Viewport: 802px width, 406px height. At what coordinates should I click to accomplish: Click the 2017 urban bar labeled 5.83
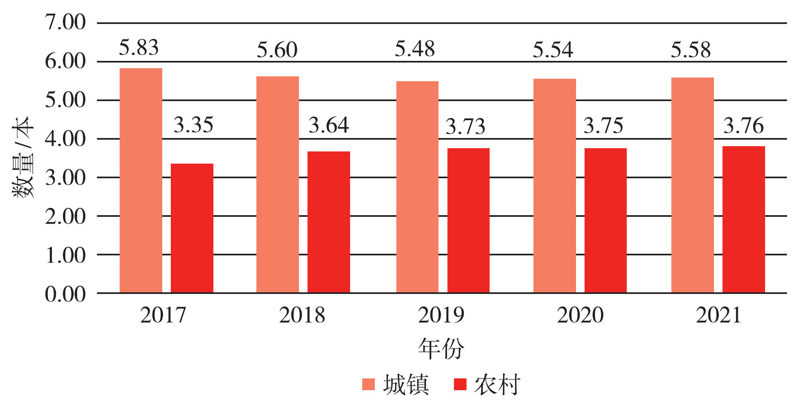(141, 180)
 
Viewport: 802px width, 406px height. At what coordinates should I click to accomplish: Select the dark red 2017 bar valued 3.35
(192, 228)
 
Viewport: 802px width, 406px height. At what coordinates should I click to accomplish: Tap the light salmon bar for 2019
(417, 187)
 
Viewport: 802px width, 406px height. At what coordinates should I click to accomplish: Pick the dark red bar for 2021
(743, 219)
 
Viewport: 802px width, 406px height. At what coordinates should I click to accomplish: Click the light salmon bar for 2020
(554, 186)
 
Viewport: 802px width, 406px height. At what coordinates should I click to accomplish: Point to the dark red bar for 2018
(329, 222)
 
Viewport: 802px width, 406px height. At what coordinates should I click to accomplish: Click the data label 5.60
(277, 50)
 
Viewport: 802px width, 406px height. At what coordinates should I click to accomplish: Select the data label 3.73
(465, 126)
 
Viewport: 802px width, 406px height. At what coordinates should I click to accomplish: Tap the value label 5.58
(690, 50)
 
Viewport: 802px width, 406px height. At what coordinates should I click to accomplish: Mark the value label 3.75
(603, 125)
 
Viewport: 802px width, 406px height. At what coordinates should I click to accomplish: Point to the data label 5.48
(415, 49)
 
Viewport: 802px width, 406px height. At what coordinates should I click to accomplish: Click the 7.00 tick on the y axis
(65, 22)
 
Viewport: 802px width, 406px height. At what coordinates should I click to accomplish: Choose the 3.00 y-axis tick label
(65, 178)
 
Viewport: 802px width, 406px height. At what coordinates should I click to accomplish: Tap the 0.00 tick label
(65, 294)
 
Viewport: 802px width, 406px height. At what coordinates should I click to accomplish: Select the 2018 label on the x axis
(302, 315)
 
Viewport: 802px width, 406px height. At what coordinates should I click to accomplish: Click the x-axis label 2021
(718, 315)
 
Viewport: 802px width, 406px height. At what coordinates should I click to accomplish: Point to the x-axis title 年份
(441, 348)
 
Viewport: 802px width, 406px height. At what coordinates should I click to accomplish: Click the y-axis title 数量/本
(23, 158)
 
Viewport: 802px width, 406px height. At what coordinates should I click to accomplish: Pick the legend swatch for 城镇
(368, 384)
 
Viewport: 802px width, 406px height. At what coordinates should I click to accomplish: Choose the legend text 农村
(497, 384)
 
